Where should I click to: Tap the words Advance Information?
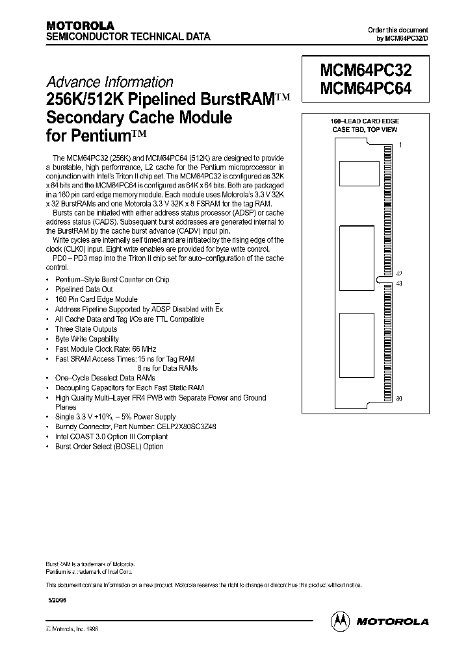tap(109, 82)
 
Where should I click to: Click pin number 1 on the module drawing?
tap(400, 145)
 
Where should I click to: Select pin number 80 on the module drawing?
tap(399, 398)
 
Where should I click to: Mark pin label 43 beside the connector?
tap(399, 283)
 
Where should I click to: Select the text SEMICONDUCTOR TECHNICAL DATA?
tap(127, 37)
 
